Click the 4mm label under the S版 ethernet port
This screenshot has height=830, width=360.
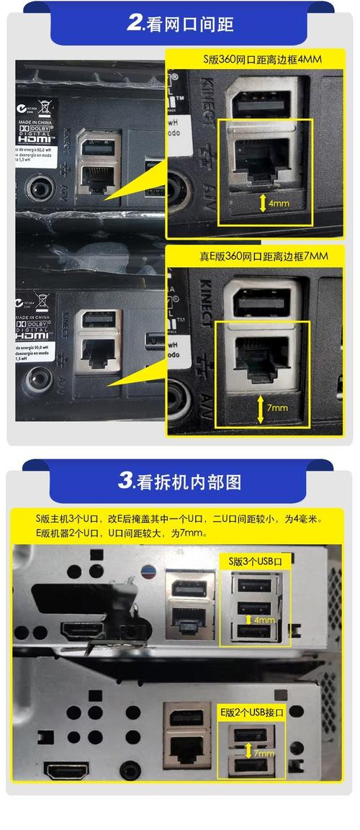pos(278,204)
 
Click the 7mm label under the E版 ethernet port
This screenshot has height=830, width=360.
pos(276,408)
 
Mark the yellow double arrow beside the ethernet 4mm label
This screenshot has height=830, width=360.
pos(262,204)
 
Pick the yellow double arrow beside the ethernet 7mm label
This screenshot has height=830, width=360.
pos(260,407)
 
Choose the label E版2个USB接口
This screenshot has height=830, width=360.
pos(252,712)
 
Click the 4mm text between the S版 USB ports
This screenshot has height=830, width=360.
pos(264,620)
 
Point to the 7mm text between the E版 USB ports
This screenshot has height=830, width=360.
pos(264,753)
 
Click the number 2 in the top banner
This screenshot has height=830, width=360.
pos(135,22)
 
